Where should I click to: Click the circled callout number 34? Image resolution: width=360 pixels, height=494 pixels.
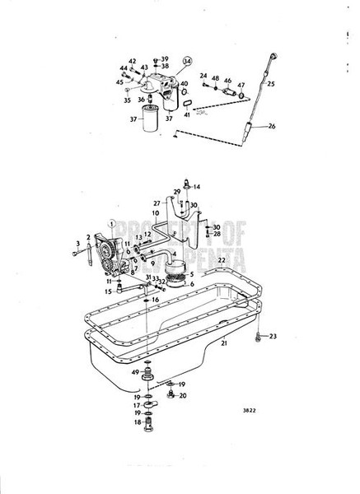tap(187, 61)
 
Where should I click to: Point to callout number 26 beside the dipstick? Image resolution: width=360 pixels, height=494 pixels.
tap(269, 126)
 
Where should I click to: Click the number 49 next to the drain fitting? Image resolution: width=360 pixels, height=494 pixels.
tap(135, 373)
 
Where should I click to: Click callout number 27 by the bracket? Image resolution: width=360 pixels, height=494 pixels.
tap(156, 202)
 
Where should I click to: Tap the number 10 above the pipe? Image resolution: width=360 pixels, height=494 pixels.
tap(154, 213)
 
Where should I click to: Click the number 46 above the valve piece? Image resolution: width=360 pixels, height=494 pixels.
tap(227, 81)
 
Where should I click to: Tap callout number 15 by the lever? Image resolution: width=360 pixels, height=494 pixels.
tap(108, 291)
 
